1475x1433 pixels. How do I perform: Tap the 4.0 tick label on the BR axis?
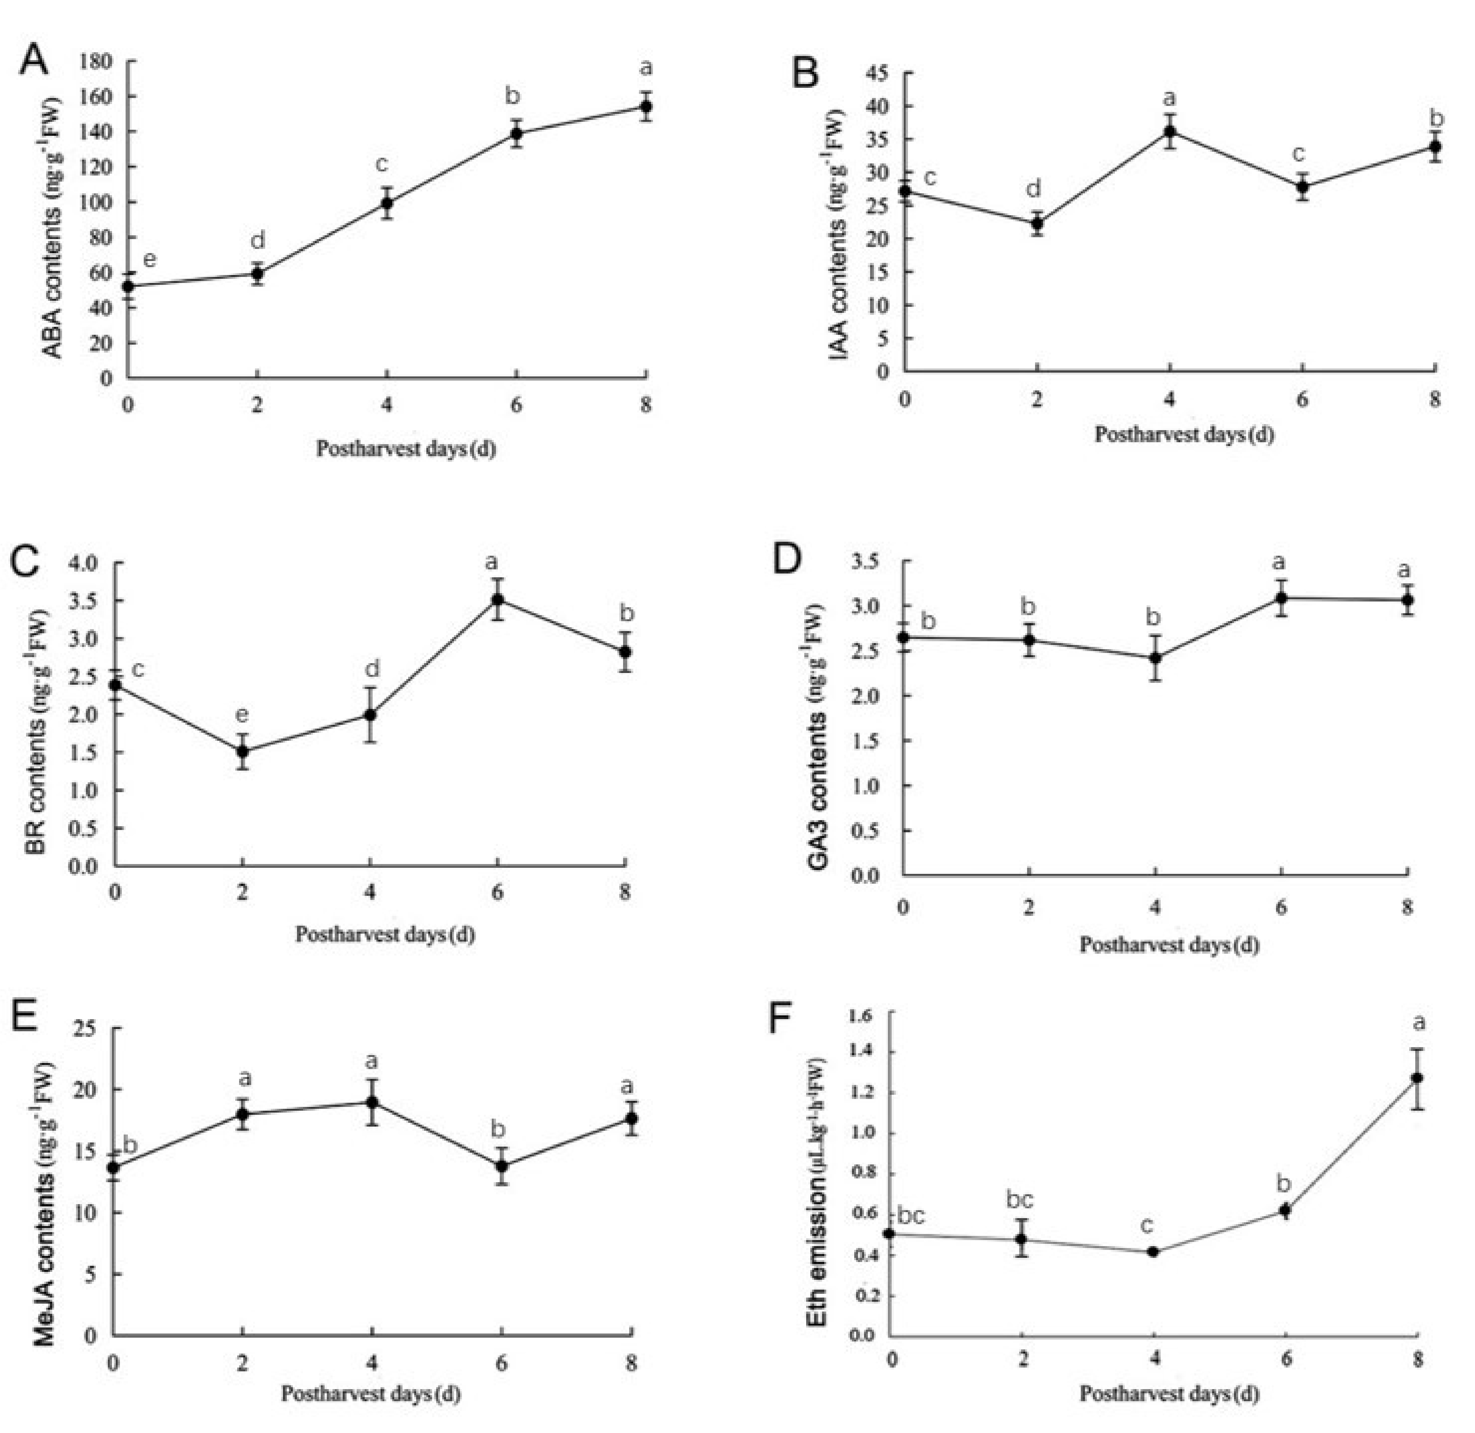pos(84,562)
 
